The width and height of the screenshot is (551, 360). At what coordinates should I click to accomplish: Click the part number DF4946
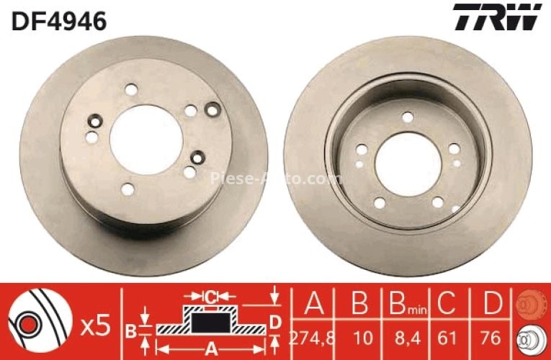coord(58,21)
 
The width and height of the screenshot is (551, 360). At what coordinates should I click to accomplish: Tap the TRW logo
coord(497,17)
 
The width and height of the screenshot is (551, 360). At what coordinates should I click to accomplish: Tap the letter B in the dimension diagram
coord(130,331)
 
